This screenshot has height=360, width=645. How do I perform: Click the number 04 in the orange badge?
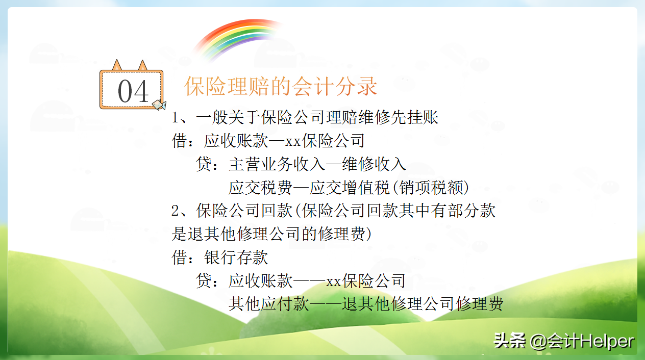click(x=133, y=92)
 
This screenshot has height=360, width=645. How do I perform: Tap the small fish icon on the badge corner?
click(x=159, y=105)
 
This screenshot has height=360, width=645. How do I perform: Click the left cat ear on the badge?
click(x=117, y=65)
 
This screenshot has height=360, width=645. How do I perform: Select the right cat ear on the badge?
click(x=142, y=65)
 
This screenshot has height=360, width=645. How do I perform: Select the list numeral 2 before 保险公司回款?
click(x=176, y=211)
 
